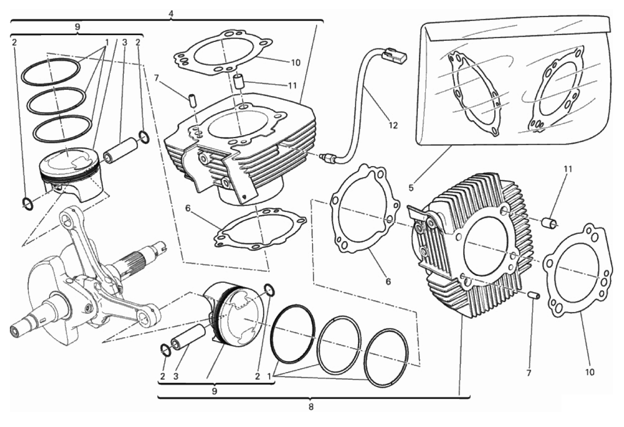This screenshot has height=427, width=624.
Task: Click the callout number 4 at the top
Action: click(171, 13)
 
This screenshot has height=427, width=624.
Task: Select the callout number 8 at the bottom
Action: click(311, 407)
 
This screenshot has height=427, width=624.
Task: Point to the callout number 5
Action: click(411, 188)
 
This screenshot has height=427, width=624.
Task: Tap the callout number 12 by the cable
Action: click(393, 125)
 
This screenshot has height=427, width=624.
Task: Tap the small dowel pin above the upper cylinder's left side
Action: click(192, 101)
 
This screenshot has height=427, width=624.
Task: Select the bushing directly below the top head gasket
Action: click(239, 82)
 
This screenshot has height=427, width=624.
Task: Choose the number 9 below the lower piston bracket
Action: click(214, 391)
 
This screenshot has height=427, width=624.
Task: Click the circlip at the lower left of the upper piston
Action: click(28, 203)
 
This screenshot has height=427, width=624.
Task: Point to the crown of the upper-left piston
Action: click(70, 160)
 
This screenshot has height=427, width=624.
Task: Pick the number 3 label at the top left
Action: click(125, 42)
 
